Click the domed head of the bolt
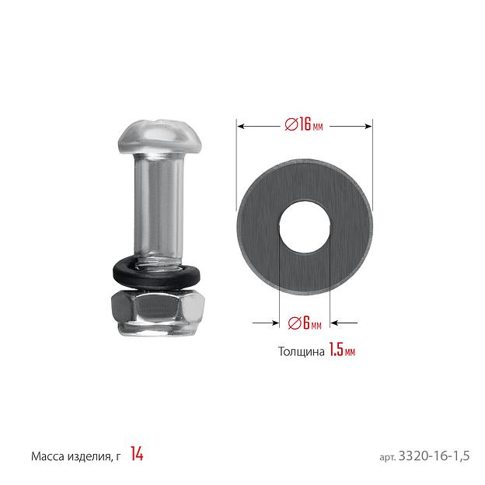coord(160,137)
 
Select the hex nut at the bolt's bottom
coord(158,312)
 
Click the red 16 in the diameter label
coord(305,124)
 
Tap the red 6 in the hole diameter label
coord(306,323)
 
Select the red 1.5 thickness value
coord(336,350)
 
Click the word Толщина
coord(302,351)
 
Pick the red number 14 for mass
coord(137,454)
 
